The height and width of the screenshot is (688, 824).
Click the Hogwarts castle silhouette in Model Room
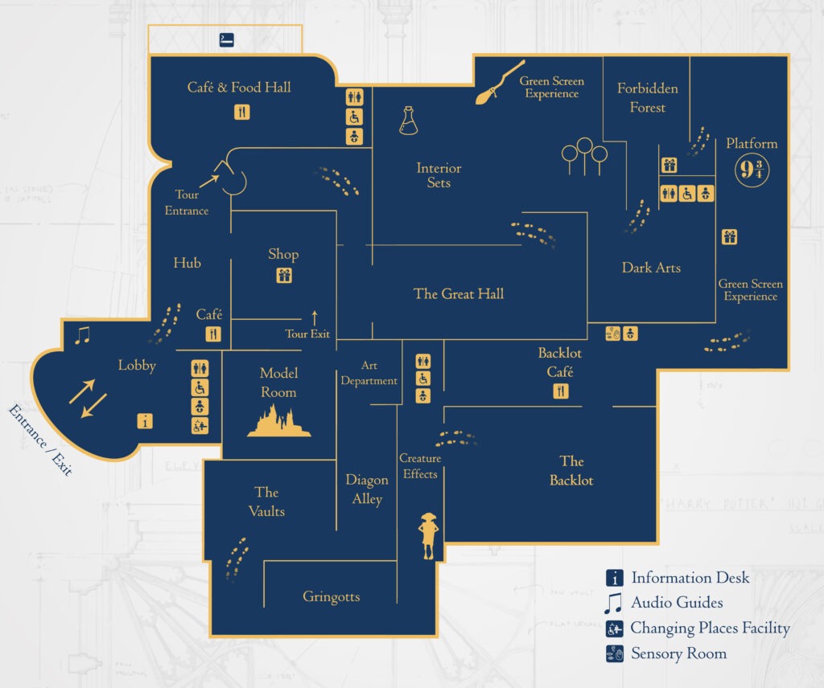[x=278, y=420]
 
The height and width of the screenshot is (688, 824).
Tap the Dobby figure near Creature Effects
[x=427, y=534]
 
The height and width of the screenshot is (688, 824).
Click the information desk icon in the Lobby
[x=145, y=420]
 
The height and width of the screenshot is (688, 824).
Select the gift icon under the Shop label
[x=283, y=276]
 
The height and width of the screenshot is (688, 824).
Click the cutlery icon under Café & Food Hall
[x=242, y=112]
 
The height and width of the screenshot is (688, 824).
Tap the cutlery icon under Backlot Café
[x=561, y=391]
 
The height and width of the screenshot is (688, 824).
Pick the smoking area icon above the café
[x=226, y=39]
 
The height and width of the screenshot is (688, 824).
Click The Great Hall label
[x=459, y=293]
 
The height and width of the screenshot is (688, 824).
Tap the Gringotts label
[x=331, y=596]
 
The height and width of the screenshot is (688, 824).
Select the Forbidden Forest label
[x=648, y=97]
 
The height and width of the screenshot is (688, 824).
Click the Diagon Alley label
[x=367, y=489]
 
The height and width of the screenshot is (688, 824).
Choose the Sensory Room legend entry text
[x=678, y=653]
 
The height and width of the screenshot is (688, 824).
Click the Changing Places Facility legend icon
[x=614, y=629]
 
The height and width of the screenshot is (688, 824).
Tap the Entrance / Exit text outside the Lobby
[x=39, y=440]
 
